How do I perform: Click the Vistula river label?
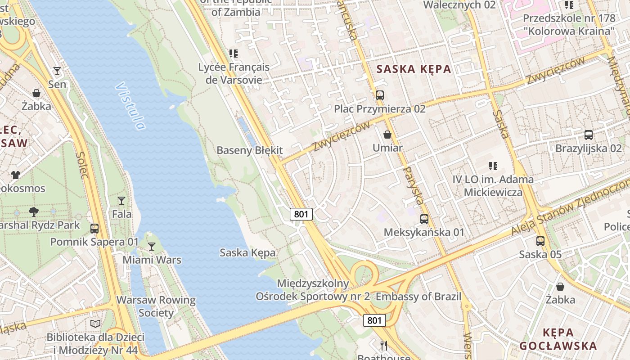pyautogui.click(x=130, y=106)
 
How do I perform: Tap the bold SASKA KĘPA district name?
pyautogui.click(x=414, y=69)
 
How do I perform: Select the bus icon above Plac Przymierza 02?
pyautogui.click(x=380, y=95)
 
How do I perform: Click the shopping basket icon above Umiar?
pyautogui.click(x=387, y=135)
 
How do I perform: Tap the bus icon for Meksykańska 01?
pyautogui.click(x=424, y=219)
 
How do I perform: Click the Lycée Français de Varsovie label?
pyautogui.click(x=234, y=73)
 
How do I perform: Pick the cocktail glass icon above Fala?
pyautogui.click(x=121, y=200)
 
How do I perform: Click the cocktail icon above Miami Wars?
pyautogui.click(x=152, y=246)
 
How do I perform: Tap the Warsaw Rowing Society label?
pyautogui.click(x=156, y=306)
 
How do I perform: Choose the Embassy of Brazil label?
pyautogui.click(x=418, y=297)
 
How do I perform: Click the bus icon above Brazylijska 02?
pyautogui.click(x=588, y=135)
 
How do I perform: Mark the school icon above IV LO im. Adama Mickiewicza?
pyautogui.click(x=493, y=166)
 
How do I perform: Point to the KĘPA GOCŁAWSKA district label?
pyautogui.click(x=558, y=339)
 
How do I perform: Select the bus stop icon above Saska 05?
pyautogui.click(x=540, y=241)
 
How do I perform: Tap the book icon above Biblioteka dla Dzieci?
pyautogui.click(x=95, y=324)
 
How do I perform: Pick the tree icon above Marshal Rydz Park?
pyautogui.click(x=33, y=211)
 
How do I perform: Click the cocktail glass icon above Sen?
pyautogui.click(x=57, y=71)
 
